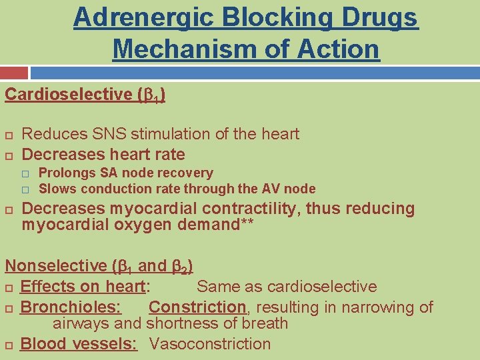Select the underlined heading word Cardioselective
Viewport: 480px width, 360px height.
69,94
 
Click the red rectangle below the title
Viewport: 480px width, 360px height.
14,73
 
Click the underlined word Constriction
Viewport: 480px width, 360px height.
197,307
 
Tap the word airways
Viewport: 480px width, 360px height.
75,324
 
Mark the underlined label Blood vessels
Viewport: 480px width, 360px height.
79,344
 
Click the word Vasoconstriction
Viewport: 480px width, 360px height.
210,344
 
